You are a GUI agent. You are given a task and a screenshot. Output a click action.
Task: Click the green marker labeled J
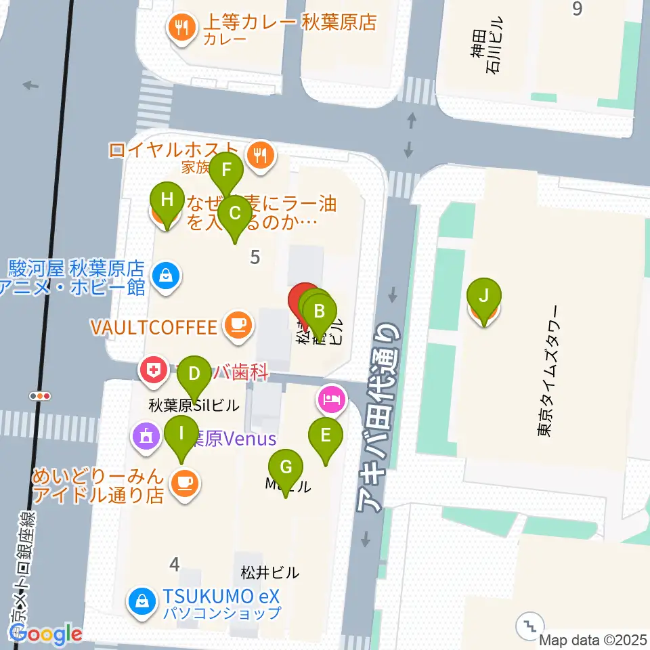pos(483,297)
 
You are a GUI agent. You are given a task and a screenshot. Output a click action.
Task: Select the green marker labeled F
pos(225,170)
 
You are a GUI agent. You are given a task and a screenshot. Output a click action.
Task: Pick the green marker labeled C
pos(235,215)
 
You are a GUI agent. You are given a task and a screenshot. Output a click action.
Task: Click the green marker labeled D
pos(194,374)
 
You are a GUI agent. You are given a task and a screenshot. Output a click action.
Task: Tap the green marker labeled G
pos(286,468)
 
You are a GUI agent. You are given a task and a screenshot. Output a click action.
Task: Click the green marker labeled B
pos(320,313)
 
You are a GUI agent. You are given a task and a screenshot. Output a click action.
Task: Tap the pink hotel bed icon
pos(330,399)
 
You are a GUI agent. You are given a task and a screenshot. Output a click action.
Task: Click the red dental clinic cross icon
pos(153,370)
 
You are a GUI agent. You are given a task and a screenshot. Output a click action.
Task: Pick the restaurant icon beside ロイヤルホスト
pos(260,155)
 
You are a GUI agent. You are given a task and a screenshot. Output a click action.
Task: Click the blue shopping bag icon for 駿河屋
pos(165,276)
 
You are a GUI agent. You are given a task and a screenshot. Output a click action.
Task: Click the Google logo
pos(45,634)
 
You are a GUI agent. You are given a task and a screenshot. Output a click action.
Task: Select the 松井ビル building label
pos(269,573)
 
